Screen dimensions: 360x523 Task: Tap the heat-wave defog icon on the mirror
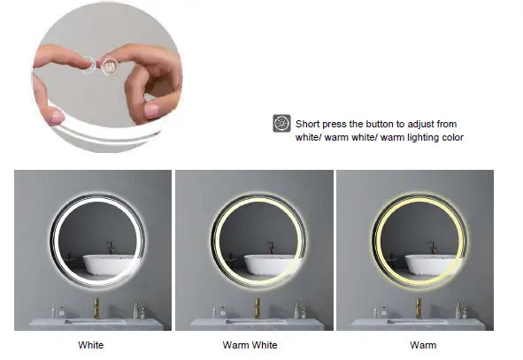(111, 65)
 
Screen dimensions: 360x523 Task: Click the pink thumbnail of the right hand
(152, 111)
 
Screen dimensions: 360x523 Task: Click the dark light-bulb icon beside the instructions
(281, 124)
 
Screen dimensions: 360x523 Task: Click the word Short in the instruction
(308, 124)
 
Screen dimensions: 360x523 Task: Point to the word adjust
(439, 124)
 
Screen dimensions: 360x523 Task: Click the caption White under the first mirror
(91, 344)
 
